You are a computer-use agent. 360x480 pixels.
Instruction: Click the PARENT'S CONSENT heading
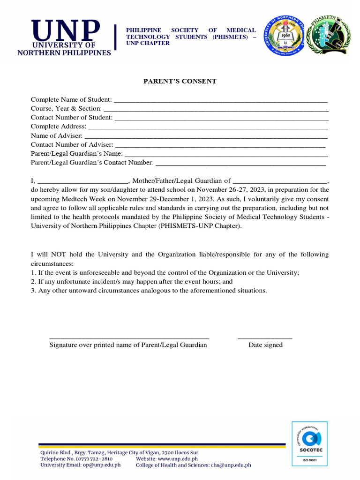click(180, 81)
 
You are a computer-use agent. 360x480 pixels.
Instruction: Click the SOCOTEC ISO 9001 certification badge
click(309, 443)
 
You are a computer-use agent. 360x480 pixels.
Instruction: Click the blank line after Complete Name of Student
click(220, 101)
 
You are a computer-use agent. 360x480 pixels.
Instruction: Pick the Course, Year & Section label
click(66, 108)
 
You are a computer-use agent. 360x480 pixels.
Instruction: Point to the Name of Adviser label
click(57, 135)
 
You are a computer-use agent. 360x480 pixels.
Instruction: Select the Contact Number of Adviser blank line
click(220, 146)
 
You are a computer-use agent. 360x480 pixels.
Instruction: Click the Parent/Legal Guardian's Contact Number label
click(92, 163)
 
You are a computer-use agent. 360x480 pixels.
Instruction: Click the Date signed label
click(265, 345)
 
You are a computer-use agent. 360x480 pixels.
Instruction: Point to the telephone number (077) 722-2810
click(94, 459)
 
